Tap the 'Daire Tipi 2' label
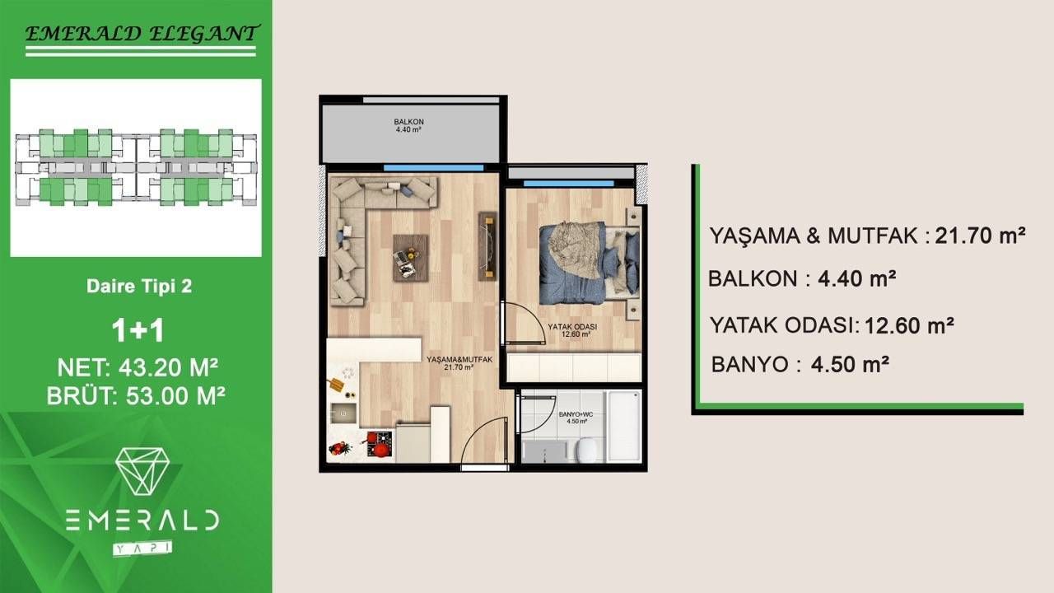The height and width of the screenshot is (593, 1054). tap(139, 287)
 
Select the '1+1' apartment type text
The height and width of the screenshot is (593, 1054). tap(138, 330)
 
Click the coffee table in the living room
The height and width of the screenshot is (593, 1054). tap(410, 258)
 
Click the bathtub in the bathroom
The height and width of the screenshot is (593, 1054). tap(623, 427)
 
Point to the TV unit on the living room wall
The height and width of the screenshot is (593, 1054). tap(488, 245)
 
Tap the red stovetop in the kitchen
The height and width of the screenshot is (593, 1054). tap(380, 446)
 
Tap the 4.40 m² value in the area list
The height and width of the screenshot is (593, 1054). tap(856, 278)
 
